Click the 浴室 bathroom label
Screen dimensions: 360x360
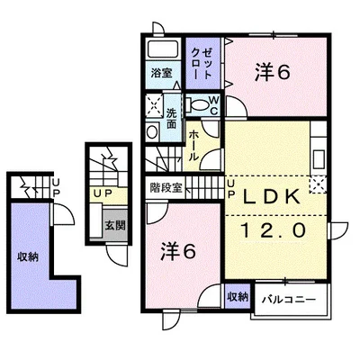coord(161,73)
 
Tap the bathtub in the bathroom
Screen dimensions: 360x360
coord(164,49)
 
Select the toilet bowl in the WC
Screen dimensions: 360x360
coord(199,105)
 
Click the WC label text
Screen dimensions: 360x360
coord(214,105)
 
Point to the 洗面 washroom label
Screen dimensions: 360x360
coord(171,118)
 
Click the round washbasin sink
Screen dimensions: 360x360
coord(152,132)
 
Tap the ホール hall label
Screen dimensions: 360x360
coord(193,145)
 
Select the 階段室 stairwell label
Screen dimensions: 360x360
coord(166,188)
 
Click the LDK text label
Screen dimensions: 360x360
coord(272,196)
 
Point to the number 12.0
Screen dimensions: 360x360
coord(274,230)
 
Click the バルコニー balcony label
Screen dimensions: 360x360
coord(288,300)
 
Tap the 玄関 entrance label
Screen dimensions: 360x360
coord(115,226)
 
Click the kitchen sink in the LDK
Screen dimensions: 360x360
coord(319,159)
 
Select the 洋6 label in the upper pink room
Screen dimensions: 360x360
coord(273,73)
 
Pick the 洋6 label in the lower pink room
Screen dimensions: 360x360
coord(178,251)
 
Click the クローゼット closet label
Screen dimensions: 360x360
coord(201,65)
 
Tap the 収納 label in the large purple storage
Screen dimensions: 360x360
coord(28,257)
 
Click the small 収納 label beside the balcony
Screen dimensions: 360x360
coord(238,297)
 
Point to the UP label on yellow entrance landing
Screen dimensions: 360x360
coord(103,193)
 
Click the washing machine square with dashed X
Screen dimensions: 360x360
coord(154,105)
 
